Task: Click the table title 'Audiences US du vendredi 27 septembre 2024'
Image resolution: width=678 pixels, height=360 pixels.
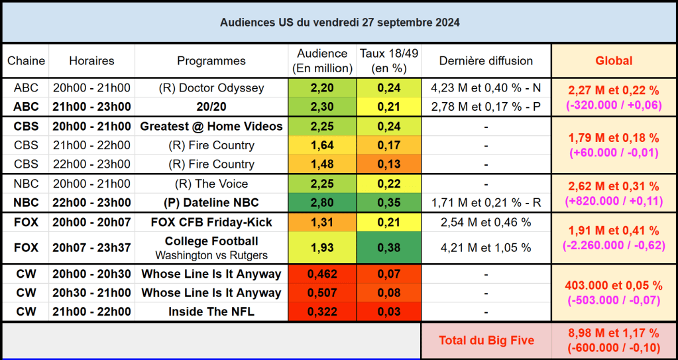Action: (x=339, y=22)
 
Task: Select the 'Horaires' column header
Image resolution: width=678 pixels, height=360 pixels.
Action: (x=91, y=61)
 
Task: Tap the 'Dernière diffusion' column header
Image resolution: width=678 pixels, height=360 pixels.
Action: (x=486, y=61)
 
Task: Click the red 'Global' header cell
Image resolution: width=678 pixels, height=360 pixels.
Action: (x=614, y=61)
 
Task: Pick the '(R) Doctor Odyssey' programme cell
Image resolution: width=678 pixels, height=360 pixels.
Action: (x=211, y=88)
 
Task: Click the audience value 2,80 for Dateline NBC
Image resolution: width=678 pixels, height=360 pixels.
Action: (x=322, y=202)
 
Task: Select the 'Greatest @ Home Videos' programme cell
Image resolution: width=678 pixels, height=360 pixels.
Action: (x=211, y=126)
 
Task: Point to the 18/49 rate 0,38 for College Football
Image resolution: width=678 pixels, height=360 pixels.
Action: (x=389, y=247)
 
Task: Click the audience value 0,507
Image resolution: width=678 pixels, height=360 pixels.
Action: (x=322, y=292)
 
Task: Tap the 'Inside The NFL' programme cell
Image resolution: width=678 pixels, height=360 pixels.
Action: (x=211, y=312)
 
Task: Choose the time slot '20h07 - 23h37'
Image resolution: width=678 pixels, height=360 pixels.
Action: (x=91, y=247)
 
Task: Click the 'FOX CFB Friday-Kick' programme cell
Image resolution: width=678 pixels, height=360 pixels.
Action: (x=211, y=222)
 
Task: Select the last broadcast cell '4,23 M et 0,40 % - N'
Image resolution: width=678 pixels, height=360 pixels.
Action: (x=486, y=88)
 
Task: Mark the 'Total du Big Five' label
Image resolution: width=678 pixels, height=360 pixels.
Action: (x=486, y=341)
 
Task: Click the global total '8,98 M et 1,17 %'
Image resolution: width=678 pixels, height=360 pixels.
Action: (x=614, y=333)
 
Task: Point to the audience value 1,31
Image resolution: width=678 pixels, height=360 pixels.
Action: (x=322, y=222)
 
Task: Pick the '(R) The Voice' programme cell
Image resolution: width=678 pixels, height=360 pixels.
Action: (x=211, y=184)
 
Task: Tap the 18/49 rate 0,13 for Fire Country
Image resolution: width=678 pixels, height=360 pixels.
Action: (x=389, y=164)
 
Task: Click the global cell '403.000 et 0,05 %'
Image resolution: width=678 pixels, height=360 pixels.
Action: (x=614, y=286)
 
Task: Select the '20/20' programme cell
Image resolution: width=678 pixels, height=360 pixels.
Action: (x=211, y=106)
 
